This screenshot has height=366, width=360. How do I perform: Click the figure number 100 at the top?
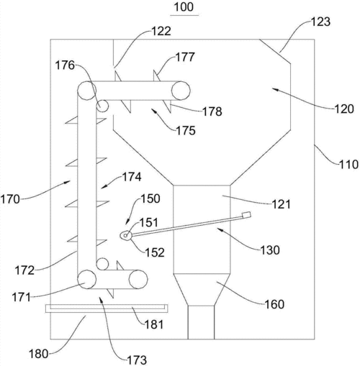(184, 7)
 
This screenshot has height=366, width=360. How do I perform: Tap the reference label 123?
(320, 22)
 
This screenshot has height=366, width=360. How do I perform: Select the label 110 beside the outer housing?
(348, 165)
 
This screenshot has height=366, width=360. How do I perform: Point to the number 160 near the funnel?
(274, 304)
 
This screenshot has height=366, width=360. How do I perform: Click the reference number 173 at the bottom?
(137, 360)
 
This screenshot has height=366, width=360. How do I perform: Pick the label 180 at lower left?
(39, 354)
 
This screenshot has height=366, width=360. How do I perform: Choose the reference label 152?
(155, 252)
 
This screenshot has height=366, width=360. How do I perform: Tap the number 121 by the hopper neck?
(281, 204)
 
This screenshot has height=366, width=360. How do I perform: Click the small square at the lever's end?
(247, 215)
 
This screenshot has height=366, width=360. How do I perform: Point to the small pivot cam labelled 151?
(126, 236)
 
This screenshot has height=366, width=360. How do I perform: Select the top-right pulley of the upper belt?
(181, 91)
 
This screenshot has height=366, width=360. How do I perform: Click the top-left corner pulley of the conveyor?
(87, 91)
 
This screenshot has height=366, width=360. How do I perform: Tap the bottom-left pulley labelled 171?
(87, 279)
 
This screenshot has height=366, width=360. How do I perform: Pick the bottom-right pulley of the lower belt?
(138, 279)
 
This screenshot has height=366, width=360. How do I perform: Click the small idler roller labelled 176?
(102, 106)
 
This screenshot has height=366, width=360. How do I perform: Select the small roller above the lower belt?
(102, 264)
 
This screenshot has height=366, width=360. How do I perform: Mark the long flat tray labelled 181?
(107, 308)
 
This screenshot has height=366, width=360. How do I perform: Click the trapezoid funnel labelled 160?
(201, 289)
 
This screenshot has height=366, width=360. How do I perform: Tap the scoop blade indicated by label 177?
(157, 76)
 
